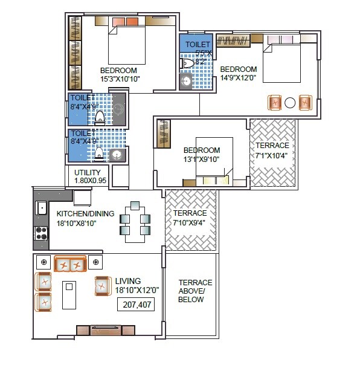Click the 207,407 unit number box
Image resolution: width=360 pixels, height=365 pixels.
coord(136,303)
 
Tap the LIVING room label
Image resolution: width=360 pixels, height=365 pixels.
coord(127,281)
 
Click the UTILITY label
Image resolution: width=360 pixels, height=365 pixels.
coord(87,172)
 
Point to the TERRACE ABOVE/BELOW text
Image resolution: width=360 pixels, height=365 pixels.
coord(195,291)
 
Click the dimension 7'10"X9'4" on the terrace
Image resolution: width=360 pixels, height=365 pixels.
coord(190,222)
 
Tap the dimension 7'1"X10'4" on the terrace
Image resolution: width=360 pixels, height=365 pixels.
coord(272,155)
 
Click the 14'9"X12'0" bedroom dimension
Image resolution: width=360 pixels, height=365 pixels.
coord(238,78)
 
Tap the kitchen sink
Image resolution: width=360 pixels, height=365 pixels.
coord(41,208)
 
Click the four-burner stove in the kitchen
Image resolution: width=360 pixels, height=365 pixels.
coord(41,233)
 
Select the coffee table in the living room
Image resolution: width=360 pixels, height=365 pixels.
coord(69,295)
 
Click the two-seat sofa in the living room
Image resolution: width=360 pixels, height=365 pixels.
coord(69,265)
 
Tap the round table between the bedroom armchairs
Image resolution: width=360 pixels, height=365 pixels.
coord(290,103)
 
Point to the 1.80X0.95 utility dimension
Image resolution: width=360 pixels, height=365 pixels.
coord(89,181)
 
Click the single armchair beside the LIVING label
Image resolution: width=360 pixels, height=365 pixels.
coord(102,286)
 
